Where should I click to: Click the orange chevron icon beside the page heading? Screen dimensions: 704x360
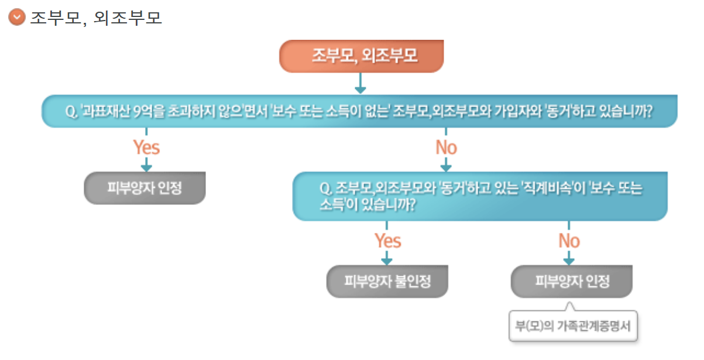coord(17,17)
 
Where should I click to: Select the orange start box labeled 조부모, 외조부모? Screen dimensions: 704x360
coord(361,56)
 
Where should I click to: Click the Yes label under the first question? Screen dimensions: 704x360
coord(146,147)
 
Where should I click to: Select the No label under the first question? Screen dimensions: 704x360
coord(446,147)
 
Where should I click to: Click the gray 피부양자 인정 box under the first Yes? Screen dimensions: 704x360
coord(145,188)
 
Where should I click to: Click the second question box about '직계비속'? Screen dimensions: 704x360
coord(479,196)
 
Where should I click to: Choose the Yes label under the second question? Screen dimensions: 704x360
coord(387,241)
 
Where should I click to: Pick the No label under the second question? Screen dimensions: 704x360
coord(569,241)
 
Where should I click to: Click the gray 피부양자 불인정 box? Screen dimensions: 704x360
coord(387,281)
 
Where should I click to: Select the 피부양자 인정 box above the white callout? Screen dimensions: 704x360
coord(572,281)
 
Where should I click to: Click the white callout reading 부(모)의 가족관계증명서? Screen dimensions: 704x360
coord(572,326)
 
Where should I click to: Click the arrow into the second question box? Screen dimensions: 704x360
coord(446,165)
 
